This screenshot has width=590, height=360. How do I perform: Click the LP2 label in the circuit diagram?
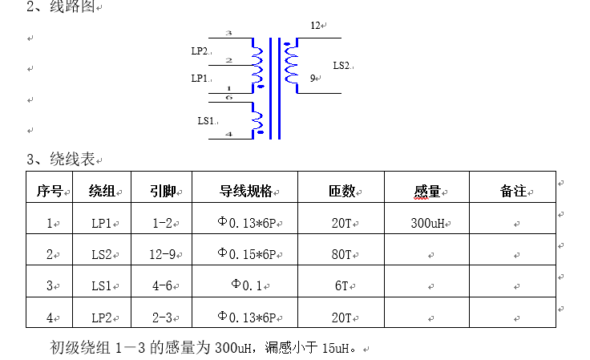pos(199,51)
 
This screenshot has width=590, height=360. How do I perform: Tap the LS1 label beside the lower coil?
pos(206,120)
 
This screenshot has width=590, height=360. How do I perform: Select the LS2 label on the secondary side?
pos(341,65)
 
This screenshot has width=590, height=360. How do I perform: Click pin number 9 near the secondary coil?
pos(313,79)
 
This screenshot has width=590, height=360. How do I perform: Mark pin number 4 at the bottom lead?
pos(228,134)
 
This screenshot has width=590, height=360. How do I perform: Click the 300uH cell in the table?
pos(426,224)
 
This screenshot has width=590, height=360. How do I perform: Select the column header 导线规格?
pos(245,192)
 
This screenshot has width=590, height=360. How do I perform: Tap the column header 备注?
pos(512,192)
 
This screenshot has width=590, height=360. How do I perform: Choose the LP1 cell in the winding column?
pos(102,224)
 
